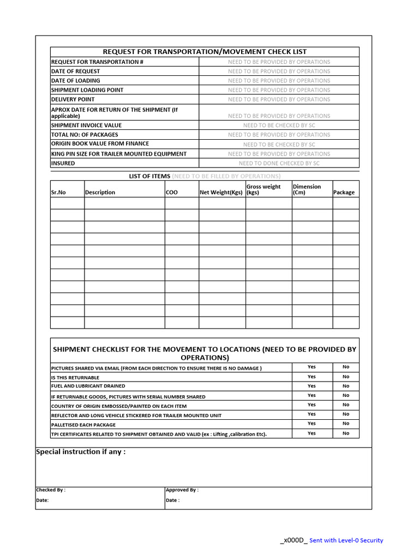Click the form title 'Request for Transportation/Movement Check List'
coord(205,51)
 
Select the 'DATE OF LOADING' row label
coord(75,80)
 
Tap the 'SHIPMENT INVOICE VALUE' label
coord(86,125)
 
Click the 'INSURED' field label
coord(63,163)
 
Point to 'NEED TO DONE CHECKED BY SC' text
coord(279,163)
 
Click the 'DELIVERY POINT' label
coord(73,99)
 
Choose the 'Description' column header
coord(100,192)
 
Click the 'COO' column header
coord(171,192)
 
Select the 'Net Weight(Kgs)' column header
coord(221,192)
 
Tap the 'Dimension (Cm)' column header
coord(307,189)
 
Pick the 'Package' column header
coord(344,192)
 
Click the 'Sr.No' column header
coord(58,192)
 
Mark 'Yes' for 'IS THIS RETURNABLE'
coord(312,377)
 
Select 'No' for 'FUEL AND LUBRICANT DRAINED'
coord(346,386)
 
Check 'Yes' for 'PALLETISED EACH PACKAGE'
coord(312,424)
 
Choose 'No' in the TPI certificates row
coord(346,433)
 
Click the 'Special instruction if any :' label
coord(81,452)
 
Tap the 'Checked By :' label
coord(51,490)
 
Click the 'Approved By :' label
coord(182,490)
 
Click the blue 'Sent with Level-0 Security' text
coord(346,540)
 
